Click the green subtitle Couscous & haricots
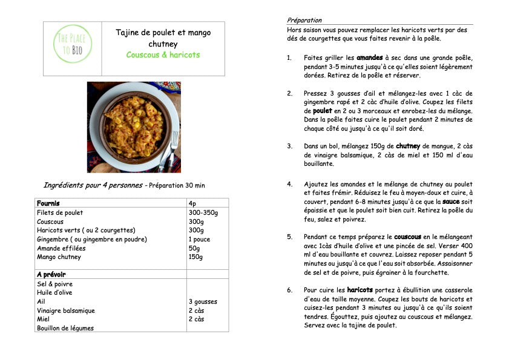[163, 55]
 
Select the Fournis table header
[48, 203]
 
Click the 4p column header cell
[192, 203]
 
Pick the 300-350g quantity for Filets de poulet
[203, 213]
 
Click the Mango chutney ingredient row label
[59, 257]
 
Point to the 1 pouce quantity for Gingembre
[199, 240]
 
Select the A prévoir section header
[51, 275]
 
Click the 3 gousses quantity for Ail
[203, 302]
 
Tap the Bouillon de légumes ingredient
[65, 329]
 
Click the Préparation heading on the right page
[304, 20]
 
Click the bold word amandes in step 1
[369, 58]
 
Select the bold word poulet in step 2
[323, 111]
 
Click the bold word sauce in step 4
[452, 201]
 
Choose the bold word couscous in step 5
[407, 237]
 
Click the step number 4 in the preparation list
[289, 184]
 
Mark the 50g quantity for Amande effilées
[194, 248]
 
